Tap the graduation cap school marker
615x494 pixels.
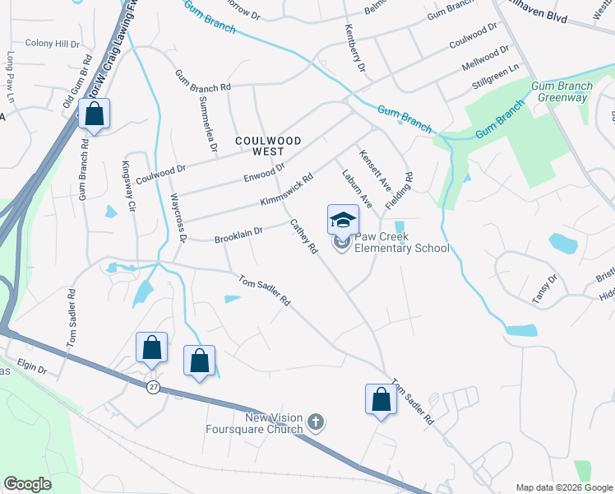tap(343, 220)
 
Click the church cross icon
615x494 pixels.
tap(314, 423)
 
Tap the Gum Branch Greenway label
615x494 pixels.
tap(562, 91)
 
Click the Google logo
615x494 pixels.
tap(28, 484)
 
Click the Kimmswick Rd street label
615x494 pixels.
tap(286, 189)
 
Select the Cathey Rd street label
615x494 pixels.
tap(303, 235)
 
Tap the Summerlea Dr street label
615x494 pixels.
tap(208, 123)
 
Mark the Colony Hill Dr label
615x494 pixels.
tap(52, 43)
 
